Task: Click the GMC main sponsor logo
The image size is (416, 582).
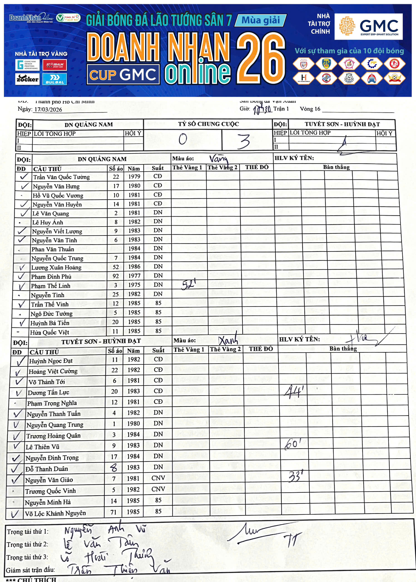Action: [368, 27]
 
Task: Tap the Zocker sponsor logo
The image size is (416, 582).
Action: [27, 79]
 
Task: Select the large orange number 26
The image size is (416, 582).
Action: [260, 58]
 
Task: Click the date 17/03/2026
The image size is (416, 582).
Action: [48, 110]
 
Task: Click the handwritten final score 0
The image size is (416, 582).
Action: [183, 139]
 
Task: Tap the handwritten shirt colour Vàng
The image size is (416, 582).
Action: [218, 159]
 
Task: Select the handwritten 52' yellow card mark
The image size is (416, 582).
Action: [188, 284]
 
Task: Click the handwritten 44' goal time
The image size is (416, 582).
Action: [294, 392]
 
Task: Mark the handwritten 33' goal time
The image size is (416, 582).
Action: [295, 476]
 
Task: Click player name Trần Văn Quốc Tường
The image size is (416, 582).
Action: [61, 177]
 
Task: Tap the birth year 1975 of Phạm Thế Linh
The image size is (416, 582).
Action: [134, 285]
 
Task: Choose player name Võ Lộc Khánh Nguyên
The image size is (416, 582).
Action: [55, 513]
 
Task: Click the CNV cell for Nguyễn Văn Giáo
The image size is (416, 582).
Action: [158, 478]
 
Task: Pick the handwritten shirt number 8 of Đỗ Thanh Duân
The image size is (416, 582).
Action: [114, 468]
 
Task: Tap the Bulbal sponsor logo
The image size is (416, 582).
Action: [54, 79]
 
